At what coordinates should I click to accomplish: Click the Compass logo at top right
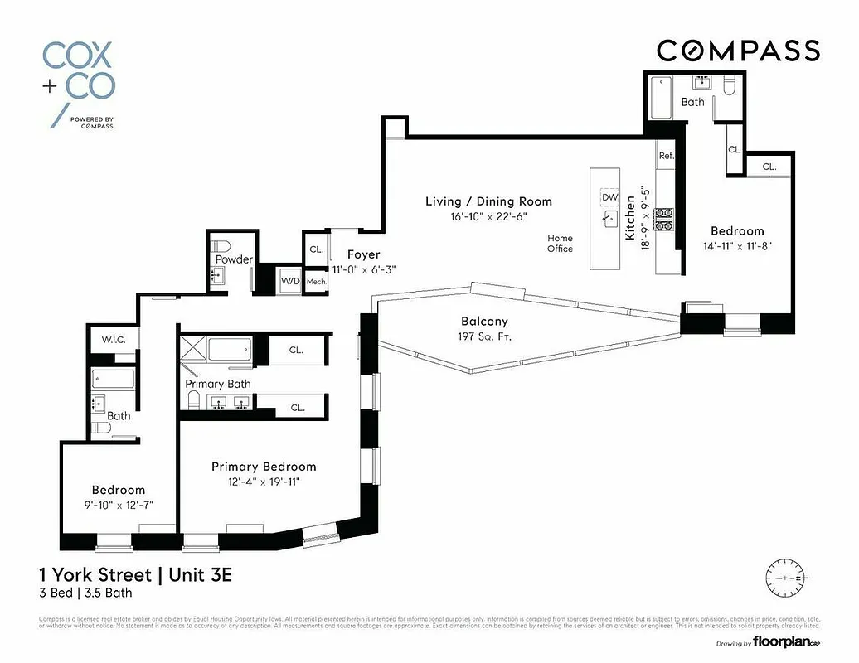click(738, 51)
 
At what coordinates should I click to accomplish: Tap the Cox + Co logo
click(79, 82)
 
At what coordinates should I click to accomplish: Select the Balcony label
click(484, 322)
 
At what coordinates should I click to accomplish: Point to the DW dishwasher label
click(610, 197)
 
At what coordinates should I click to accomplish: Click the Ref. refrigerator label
click(666, 156)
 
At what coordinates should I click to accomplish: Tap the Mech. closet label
click(316, 283)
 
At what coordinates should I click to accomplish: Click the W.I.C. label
click(113, 340)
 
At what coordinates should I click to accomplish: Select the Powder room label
click(234, 259)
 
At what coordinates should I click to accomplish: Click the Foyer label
click(364, 255)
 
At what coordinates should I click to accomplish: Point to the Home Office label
click(560, 244)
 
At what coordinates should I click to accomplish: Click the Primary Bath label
click(217, 385)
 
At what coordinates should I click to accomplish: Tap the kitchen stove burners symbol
click(664, 218)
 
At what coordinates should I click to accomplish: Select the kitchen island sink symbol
click(610, 220)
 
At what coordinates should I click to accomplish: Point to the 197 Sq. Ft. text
click(484, 336)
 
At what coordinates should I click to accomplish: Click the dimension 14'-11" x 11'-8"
click(736, 246)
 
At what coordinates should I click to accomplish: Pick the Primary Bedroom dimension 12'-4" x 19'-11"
click(263, 482)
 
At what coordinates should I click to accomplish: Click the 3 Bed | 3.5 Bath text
click(85, 593)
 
